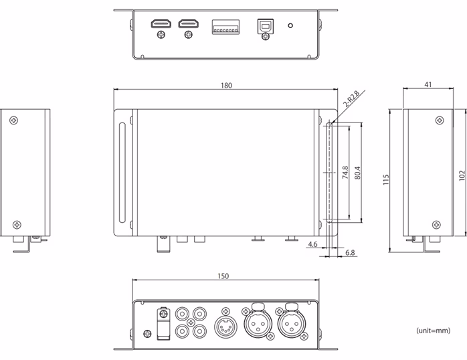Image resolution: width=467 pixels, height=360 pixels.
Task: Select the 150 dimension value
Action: pyautogui.click(x=223, y=276)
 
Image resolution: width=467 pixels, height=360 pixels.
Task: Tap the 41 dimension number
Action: pyautogui.click(x=428, y=85)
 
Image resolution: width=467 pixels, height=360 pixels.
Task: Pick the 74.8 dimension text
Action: pyautogui.click(x=345, y=173)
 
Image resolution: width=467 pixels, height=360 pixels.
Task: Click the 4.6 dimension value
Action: pyautogui.click(x=314, y=245)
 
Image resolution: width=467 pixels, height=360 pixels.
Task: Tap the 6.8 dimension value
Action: pyautogui.click(x=351, y=253)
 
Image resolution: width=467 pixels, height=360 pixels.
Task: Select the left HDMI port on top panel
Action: pyautogui.click(x=160, y=24)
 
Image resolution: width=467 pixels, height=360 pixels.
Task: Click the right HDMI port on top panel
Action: pyautogui.click(x=187, y=24)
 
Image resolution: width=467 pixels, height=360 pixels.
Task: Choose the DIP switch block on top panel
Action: pyautogui.click(x=226, y=27)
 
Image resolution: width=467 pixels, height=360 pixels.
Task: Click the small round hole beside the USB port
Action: pyautogui.click(x=290, y=26)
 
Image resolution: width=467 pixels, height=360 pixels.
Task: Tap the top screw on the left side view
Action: pyautogui.click(x=15, y=120)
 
